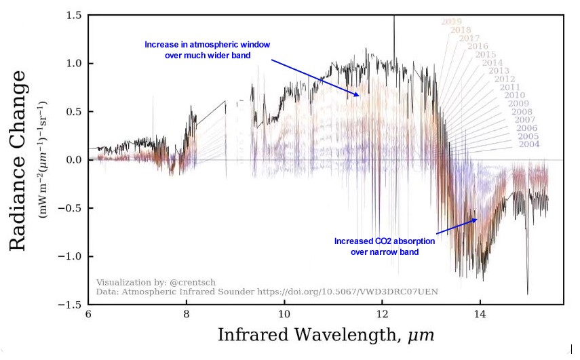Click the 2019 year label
[451, 22]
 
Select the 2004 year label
[529, 144]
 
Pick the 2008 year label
[522, 112]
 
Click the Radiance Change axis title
[19, 160]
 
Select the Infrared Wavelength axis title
[326, 336]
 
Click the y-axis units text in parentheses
[42, 160]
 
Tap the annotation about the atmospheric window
[207, 49]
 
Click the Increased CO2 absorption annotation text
[384, 246]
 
